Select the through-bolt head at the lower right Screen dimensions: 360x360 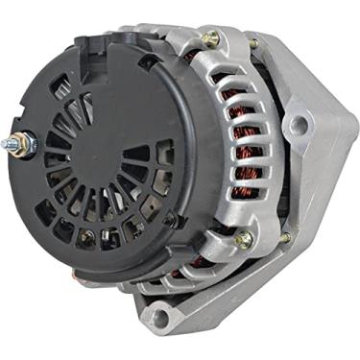pos(244,238)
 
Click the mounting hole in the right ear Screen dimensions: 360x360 pos(299,124)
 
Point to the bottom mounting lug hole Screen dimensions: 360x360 pos(158,314)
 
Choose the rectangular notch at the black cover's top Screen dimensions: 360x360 pos(89,43)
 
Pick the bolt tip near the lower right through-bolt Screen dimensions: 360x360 pos(284,237)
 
